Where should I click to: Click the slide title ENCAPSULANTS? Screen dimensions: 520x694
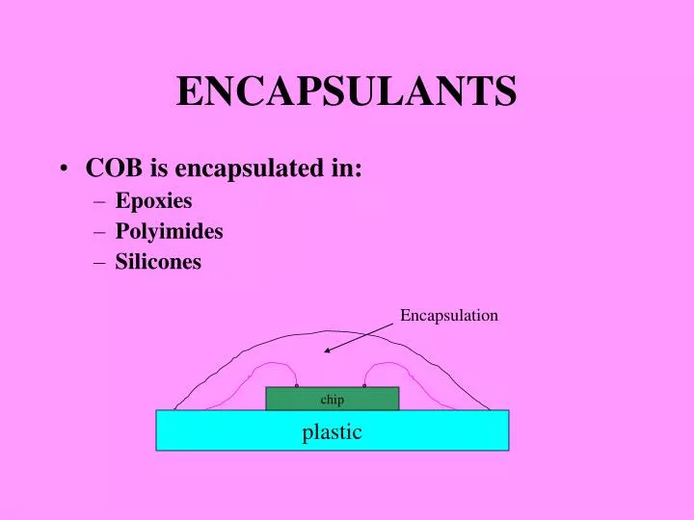coord(346,92)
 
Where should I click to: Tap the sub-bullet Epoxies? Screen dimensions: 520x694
coord(153,201)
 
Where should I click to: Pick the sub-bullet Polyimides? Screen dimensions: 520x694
coord(169,231)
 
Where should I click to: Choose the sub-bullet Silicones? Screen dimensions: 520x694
coord(158,261)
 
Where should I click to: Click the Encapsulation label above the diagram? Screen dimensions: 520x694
coord(449,315)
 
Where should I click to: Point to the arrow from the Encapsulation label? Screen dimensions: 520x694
coord(359,338)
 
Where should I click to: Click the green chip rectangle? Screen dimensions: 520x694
coord(289,399)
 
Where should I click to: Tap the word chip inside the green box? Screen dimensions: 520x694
coord(333,399)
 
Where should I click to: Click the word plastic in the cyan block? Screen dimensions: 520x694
coord(333,431)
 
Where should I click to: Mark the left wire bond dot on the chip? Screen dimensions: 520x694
coord(297,386)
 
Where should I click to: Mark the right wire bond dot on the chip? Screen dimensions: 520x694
coord(364,386)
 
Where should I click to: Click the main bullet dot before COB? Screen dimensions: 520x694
coord(63,169)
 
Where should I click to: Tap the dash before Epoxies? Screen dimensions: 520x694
coord(102,202)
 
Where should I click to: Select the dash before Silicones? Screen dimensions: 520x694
coord(102,262)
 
